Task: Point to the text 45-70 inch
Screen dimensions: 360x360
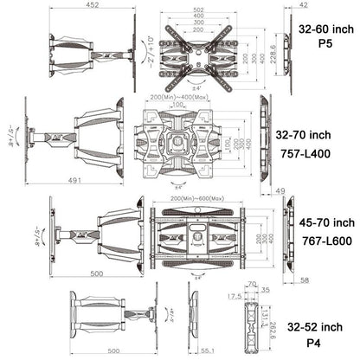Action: coord(323,222)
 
